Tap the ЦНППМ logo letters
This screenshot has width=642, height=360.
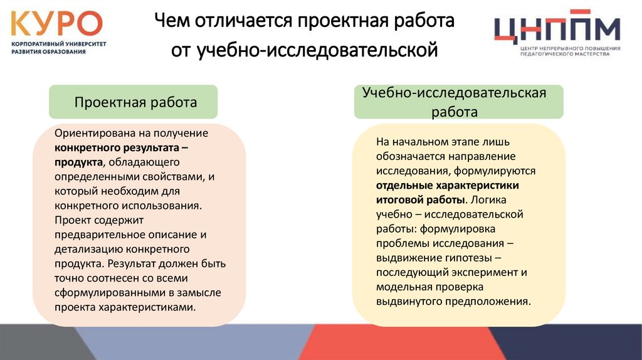(557, 28)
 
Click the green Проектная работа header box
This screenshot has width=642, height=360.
(134, 102)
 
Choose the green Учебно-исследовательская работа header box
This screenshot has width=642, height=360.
(458, 102)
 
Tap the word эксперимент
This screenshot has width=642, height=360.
(485, 272)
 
